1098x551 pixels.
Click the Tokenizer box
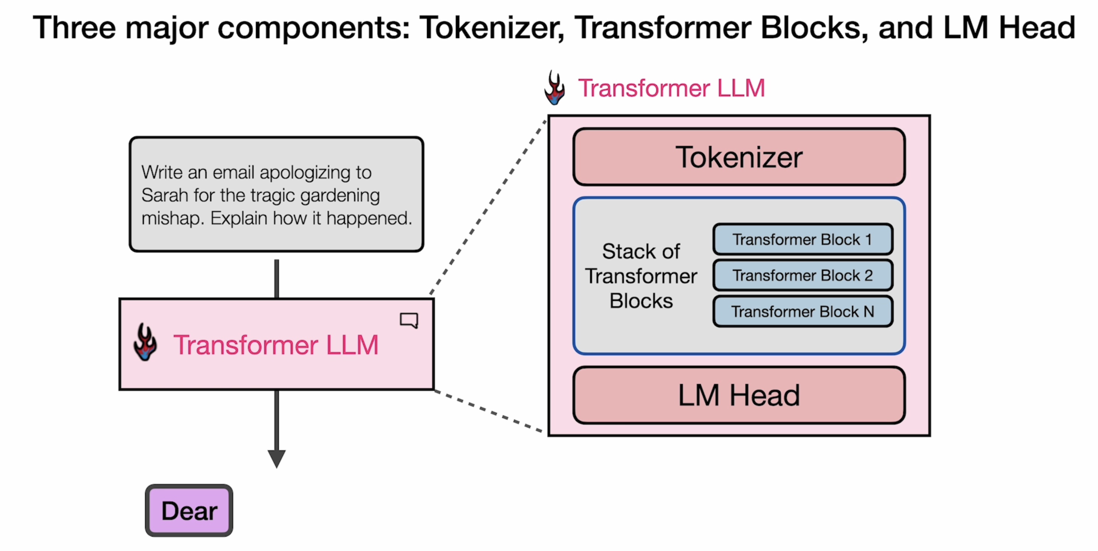coord(739,157)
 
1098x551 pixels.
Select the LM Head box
coord(739,395)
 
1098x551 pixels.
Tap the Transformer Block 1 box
coord(802,239)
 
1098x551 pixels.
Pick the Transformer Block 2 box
coord(802,275)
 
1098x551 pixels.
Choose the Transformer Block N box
coord(802,312)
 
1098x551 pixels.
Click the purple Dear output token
coord(189,510)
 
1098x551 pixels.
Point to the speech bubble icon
coord(409,320)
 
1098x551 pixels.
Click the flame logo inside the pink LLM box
coord(145,342)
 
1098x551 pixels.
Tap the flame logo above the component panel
coord(554,87)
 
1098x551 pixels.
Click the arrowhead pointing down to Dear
coord(277,459)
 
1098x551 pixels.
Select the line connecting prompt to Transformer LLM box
coord(277,279)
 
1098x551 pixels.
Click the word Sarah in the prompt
coord(164,195)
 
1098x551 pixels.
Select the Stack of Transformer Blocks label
coord(641,276)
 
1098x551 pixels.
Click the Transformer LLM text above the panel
coord(671,88)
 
